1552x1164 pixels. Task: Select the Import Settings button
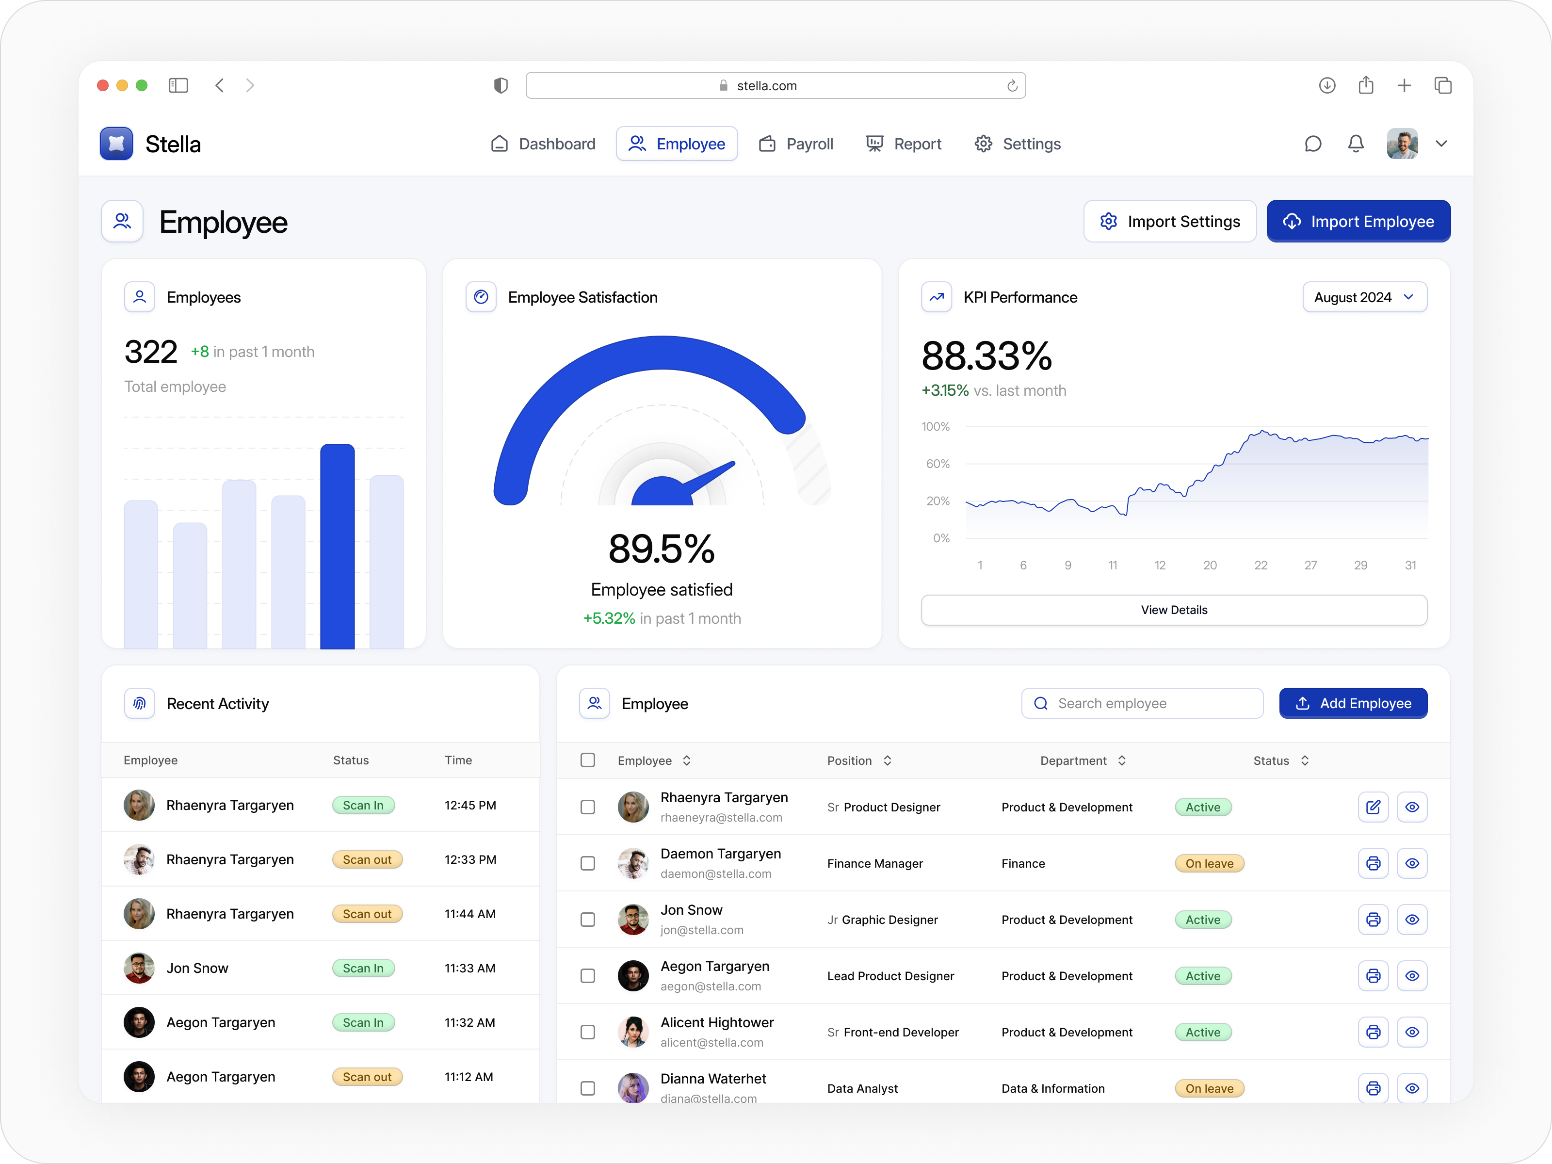[1170, 222]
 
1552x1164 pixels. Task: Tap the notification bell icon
[1356, 144]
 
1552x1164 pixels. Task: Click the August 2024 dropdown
[1364, 297]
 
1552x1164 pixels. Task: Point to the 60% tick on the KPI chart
[938, 464]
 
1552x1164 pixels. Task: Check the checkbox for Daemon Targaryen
[588, 863]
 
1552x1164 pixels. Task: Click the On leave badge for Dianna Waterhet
[1209, 1088]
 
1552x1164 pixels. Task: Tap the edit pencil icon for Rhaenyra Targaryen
[1373, 807]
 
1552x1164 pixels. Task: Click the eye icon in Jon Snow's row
[1412, 919]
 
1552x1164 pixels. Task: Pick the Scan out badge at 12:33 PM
[367, 859]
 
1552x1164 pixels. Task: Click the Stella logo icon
[116, 144]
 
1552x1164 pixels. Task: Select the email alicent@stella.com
[711, 1043]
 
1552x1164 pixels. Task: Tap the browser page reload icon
[1012, 85]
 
